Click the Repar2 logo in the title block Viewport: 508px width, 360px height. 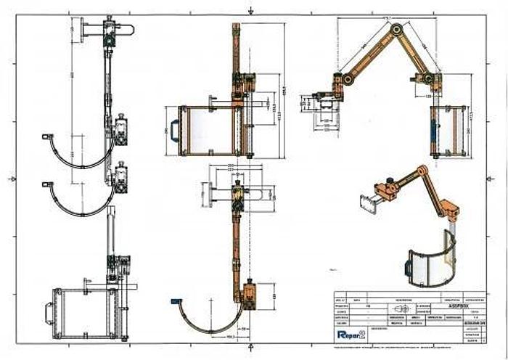351,334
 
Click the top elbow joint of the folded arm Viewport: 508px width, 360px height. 396,29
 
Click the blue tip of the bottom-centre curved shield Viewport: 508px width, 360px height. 175,300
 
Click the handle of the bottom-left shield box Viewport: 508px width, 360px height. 49,314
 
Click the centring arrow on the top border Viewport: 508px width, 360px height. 250,11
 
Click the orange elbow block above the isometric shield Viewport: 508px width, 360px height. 451,212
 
